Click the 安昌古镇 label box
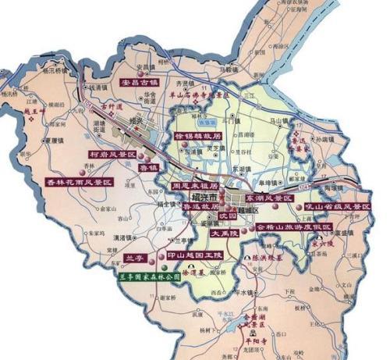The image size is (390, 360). (x=138, y=80)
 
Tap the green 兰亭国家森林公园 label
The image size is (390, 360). (x=149, y=276)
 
